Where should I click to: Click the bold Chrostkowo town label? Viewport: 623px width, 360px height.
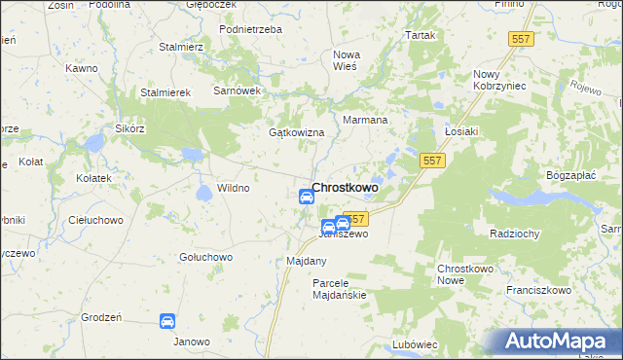(346, 188)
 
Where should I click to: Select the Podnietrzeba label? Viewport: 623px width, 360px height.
(250, 30)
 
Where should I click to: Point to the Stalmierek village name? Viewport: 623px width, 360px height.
(169, 92)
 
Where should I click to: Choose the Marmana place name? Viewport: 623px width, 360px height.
(366, 121)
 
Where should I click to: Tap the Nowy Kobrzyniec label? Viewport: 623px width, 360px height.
(499, 81)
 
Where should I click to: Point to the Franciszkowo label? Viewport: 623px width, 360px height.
(537, 290)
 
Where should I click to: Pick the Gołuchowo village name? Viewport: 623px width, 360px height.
(205, 257)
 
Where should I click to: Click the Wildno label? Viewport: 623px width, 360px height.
(234, 188)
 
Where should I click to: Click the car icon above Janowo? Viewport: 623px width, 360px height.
(166, 320)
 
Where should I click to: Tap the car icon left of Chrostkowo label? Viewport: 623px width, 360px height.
(306, 196)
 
